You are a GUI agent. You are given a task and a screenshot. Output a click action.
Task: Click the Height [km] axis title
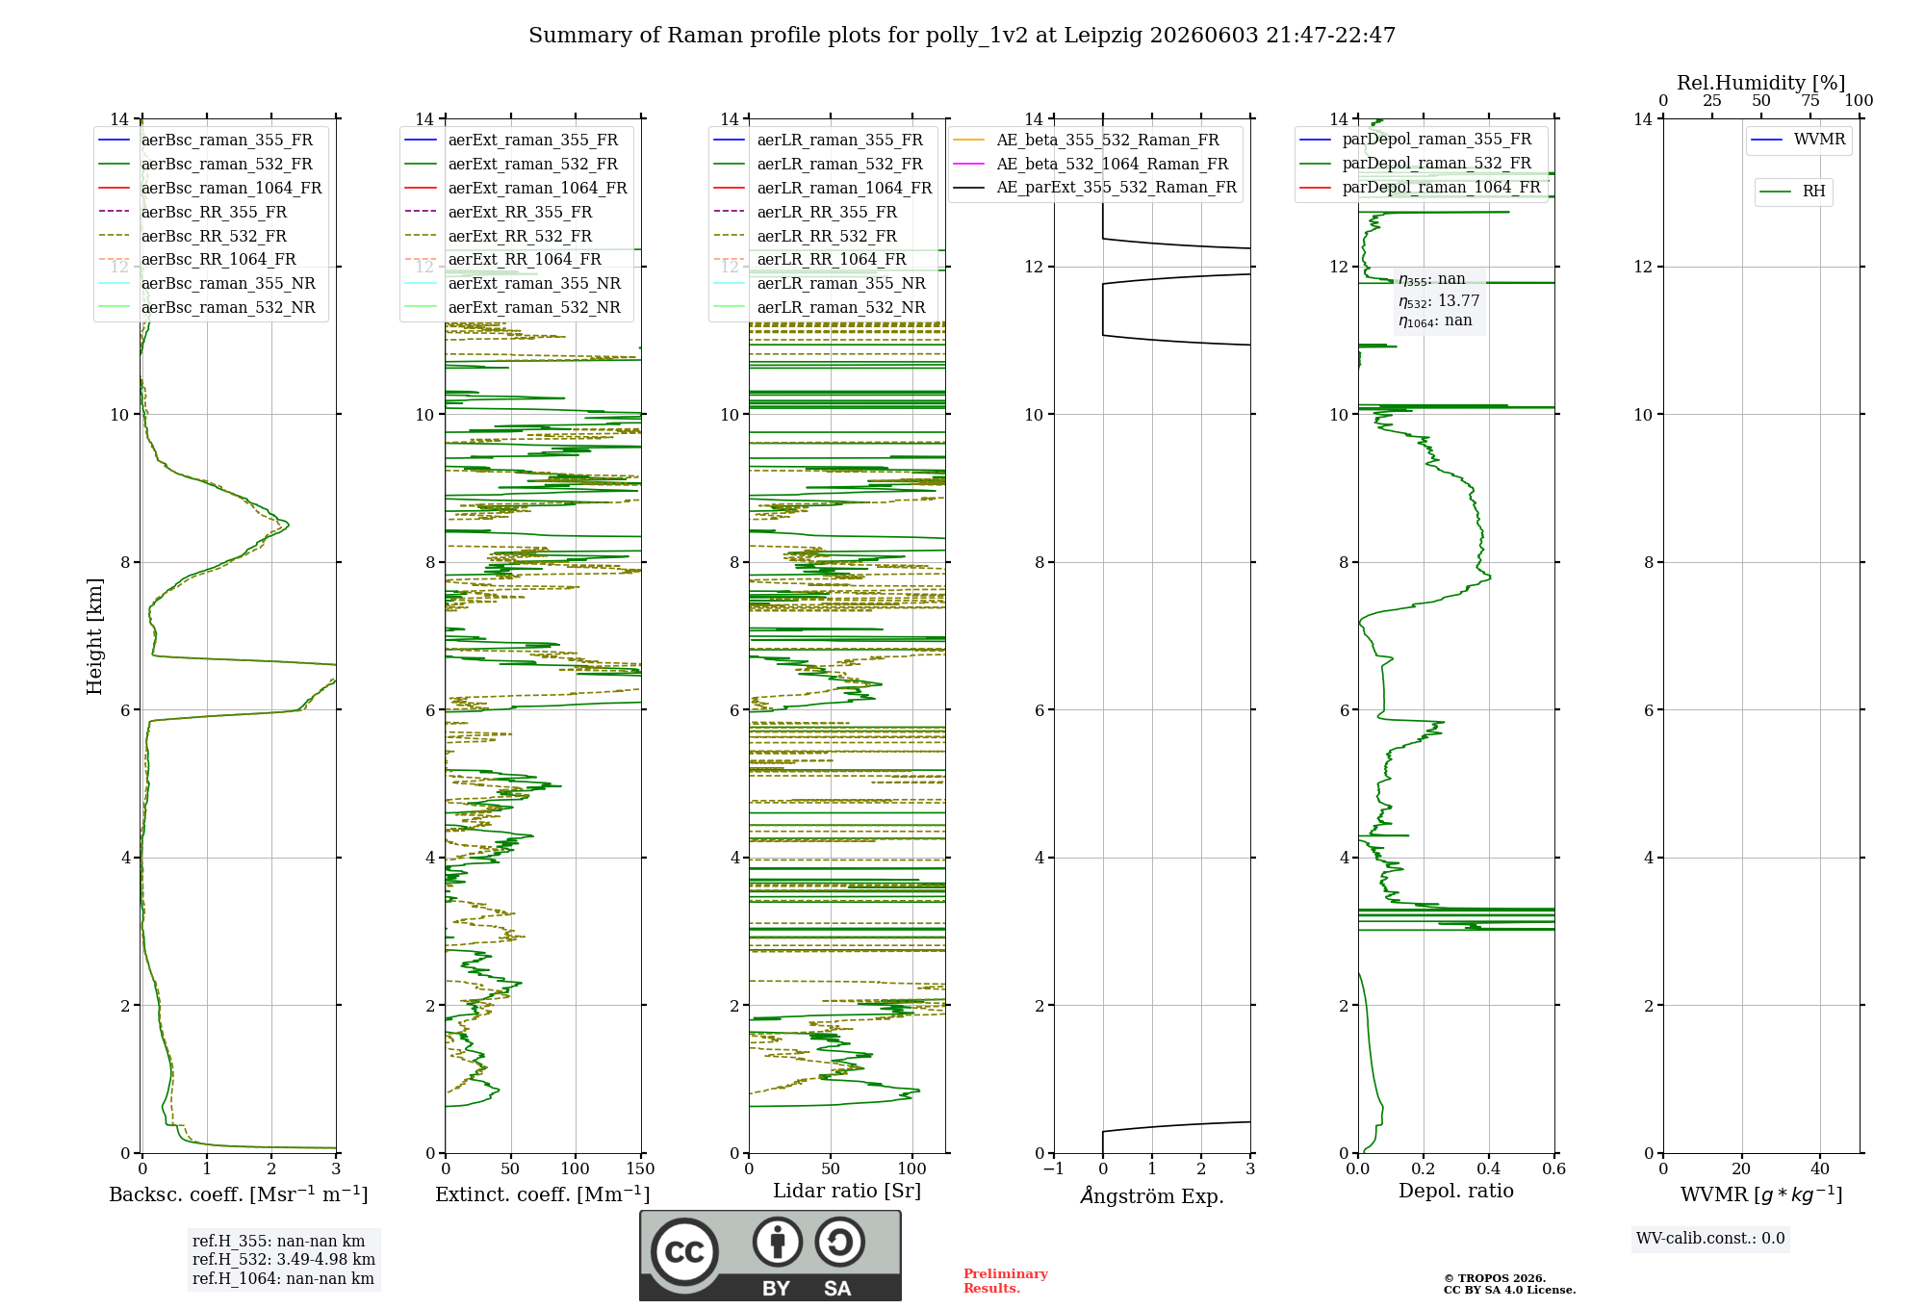tap(94, 636)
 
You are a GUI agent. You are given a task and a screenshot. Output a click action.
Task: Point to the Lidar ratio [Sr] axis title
tap(847, 1191)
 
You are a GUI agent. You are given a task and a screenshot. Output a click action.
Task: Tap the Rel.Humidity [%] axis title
tap(1761, 83)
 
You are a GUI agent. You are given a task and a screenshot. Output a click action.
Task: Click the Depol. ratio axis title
tap(1456, 1191)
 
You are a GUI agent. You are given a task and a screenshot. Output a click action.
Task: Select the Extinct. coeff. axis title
tap(543, 1194)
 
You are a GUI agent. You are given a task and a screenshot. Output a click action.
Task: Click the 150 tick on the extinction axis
tap(640, 1169)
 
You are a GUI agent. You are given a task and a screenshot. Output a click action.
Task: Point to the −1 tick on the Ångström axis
tap(1053, 1169)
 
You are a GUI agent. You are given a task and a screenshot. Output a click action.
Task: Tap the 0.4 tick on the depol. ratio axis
tap(1489, 1169)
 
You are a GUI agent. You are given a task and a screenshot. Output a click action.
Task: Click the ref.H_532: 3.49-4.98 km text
tap(284, 1260)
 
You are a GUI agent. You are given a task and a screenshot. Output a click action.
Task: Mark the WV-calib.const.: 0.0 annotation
tap(1710, 1239)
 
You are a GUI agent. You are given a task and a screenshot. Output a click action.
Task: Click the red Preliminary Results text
tap(1006, 1281)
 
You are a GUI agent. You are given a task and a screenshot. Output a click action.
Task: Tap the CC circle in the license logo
tap(684, 1252)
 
